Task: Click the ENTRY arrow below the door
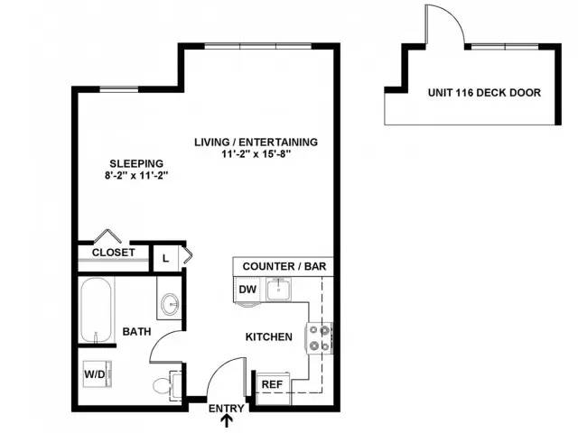click(228, 420)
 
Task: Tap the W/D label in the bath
click(95, 374)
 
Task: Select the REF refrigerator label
click(272, 385)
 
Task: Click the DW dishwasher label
click(247, 290)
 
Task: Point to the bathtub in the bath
click(96, 310)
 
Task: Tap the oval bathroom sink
click(170, 304)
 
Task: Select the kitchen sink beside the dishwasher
click(279, 289)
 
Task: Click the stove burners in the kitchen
click(320, 338)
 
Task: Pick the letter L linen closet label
click(166, 259)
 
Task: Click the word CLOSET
click(114, 253)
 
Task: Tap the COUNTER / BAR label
click(284, 266)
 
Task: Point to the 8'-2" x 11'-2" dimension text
click(136, 176)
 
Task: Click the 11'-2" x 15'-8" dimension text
click(256, 154)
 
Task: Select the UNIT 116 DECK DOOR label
click(484, 92)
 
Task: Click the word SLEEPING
click(136, 163)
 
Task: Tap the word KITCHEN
click(269, 336)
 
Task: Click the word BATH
click(136, 332)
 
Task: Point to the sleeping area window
click(119, 89)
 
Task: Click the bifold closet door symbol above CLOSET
click(107, 236)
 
